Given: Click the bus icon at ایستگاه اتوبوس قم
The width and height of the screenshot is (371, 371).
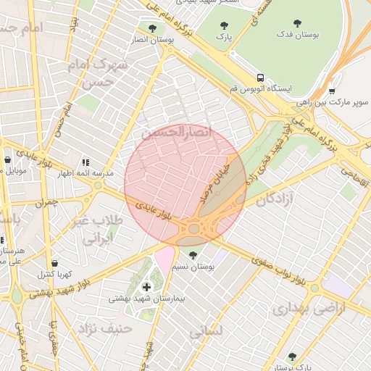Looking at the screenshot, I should tap(259, 78).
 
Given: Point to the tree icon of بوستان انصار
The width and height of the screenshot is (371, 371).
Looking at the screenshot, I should tap(151, 28).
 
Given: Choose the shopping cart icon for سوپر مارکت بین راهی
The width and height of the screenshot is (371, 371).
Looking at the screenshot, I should tap(332, 91).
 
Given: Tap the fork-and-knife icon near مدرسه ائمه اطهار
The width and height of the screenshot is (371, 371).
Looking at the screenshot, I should tap(86, 163).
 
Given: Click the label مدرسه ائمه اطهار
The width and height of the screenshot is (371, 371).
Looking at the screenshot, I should tap(86, 174).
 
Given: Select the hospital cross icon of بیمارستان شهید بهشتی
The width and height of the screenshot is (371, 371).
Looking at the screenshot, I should tap(147, 287).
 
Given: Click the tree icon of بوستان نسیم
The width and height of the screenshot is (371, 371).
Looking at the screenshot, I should tap(193, 255).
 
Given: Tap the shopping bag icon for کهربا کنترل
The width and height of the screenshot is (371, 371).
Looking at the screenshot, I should tap(55, 263).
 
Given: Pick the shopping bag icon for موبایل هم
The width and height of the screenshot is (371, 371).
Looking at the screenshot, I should tap(7, 160).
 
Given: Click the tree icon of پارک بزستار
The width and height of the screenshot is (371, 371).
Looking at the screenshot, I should tap(292, 357).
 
